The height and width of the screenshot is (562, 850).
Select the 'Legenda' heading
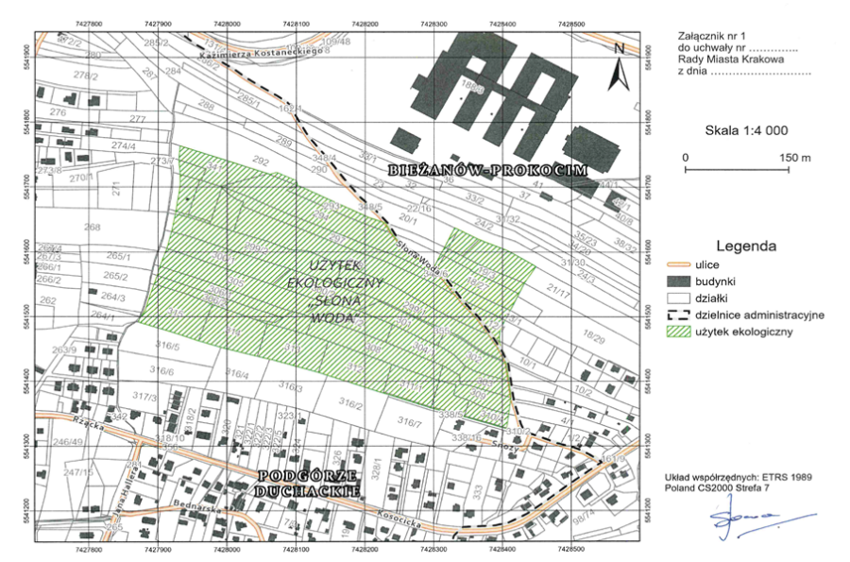[746, 246]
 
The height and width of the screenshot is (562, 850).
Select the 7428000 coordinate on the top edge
[226, 21]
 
